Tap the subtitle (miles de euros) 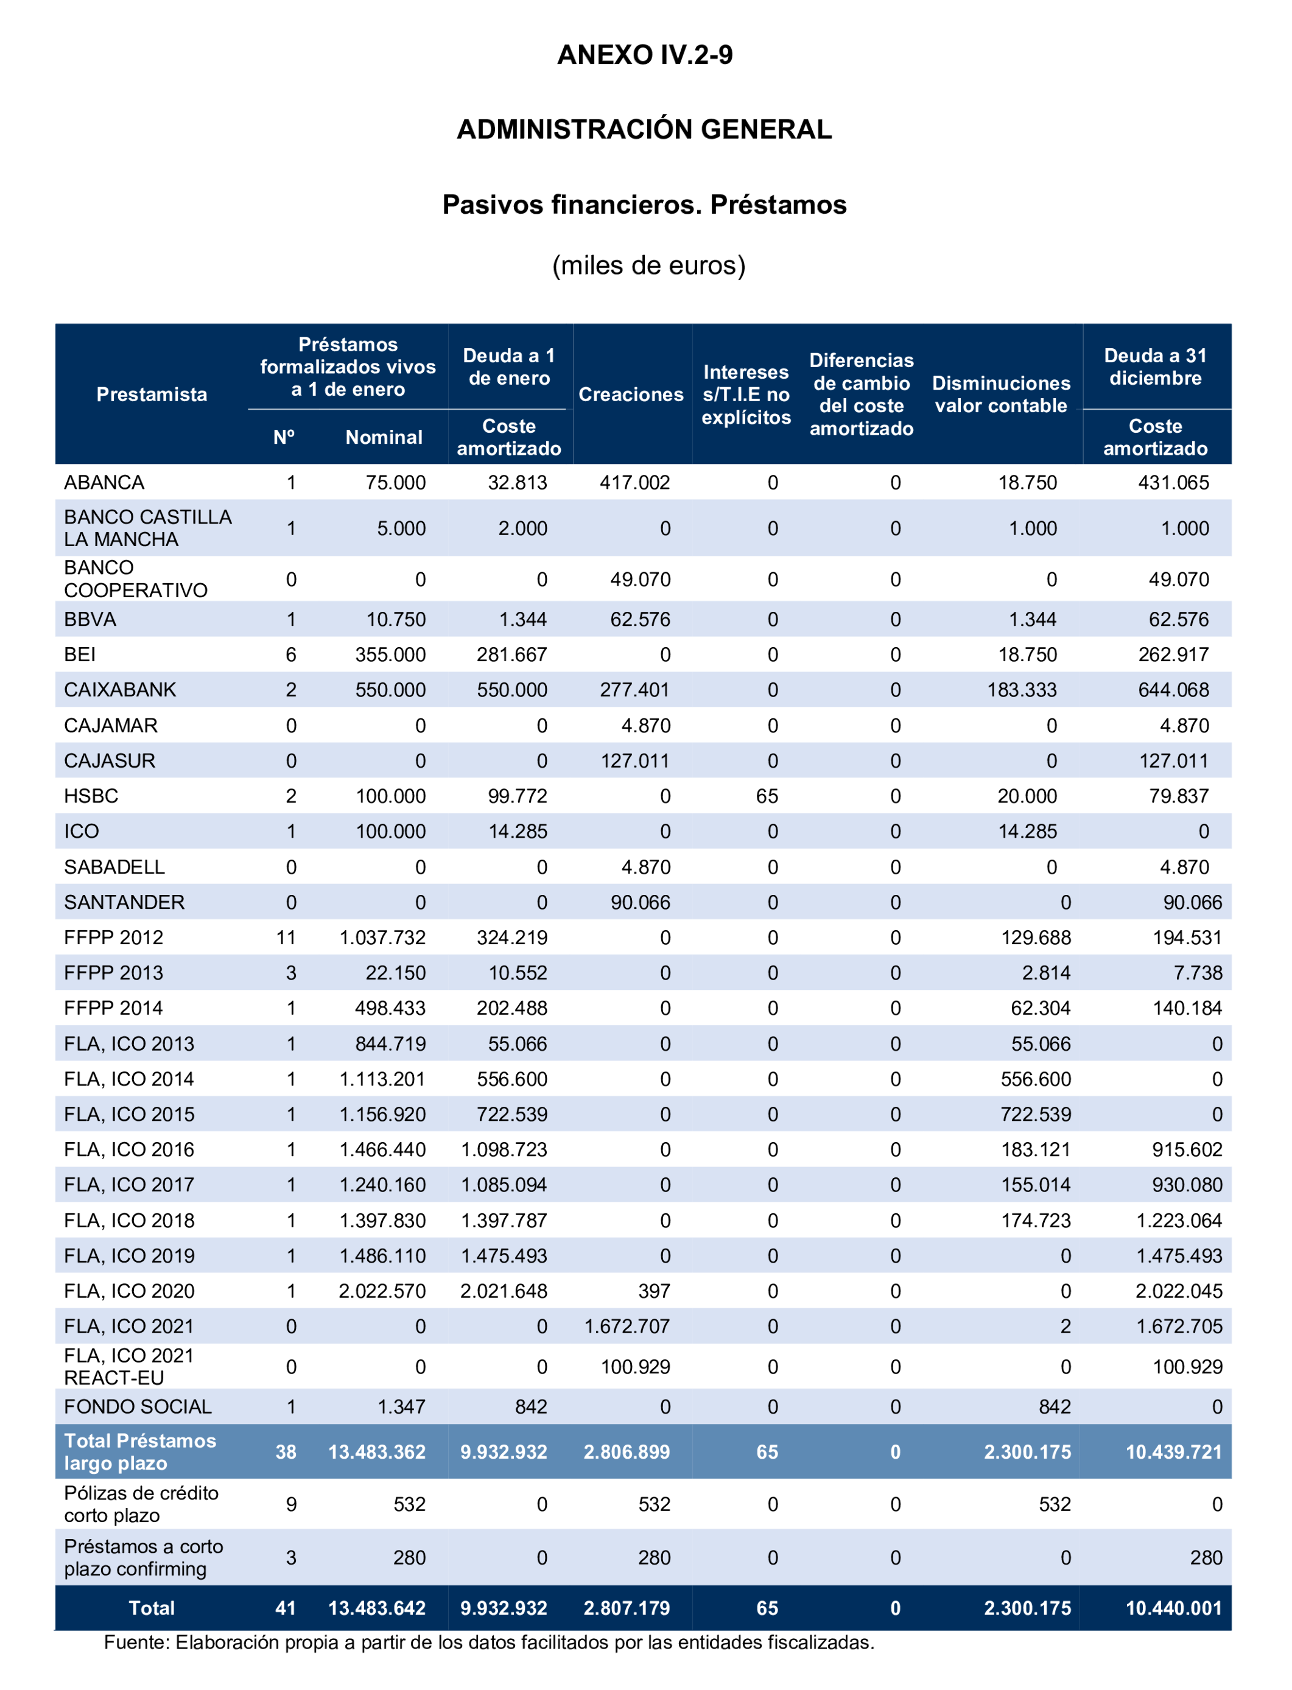(x=648, y=265)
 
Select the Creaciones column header (x=631, y=394)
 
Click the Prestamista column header (x=152, y=394)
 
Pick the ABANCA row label (x=104, y=483)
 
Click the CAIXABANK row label (x=120, y=690)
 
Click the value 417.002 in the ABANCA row (x=634, y=483)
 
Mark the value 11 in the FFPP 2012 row (x=286, y=938)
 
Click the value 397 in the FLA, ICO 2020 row (x=654, y=1291)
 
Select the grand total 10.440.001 (x=1173, y=1608)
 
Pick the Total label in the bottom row (x=152, y=1608)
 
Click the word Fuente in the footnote (x=135, y=1643)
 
